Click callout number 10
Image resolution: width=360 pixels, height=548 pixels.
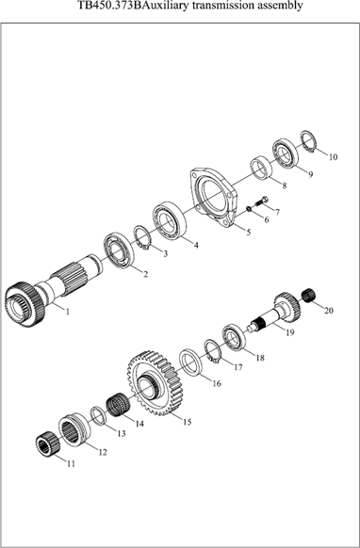click(333, 157)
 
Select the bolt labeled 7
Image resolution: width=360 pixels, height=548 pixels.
click(262, 201)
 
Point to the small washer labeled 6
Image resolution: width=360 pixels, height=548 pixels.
click(250, 209)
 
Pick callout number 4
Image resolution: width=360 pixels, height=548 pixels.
click(196, 246)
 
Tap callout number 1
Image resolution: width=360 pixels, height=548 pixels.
click(68, 311)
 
